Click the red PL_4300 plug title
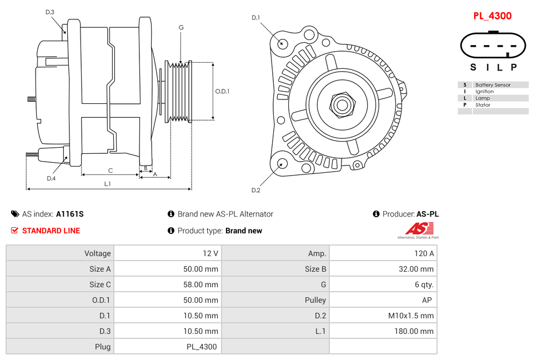(492, 16)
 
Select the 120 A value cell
(424, 253)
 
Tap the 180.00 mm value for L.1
(411, 331)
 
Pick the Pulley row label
(315, 300)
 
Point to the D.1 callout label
(255, 18)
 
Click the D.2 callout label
(255, 190)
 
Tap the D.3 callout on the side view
(50, 12)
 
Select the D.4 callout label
(51, 178)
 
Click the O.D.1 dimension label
(222, 92)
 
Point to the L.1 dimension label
(108, 184)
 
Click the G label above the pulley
(181, 27)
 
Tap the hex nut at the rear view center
(342, 104)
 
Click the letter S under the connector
(473, 67)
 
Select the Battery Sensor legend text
(493, 85)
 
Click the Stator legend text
(483, 105)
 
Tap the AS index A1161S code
(69, 214)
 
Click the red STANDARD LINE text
(51, 231)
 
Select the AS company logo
(418, 230)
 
